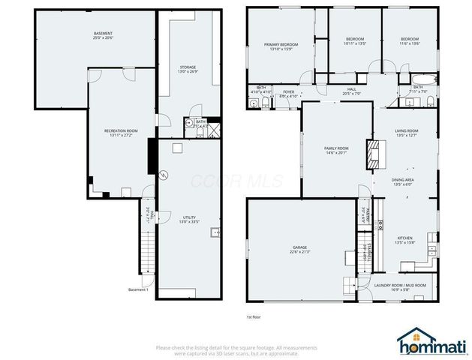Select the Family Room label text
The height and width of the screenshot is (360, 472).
(x=336, y=151)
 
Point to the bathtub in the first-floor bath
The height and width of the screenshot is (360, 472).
(x=419, y=79)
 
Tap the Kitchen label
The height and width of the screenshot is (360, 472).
(x=405, y=241)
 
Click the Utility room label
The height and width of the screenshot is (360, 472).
(x=189, y=220)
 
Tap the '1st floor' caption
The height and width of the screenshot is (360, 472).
(x=254, y=316)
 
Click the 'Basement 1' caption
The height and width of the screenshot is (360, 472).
(x=138, y=289)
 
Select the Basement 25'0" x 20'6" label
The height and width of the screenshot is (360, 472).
(x=103, y=37)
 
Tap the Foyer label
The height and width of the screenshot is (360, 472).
(x=289, y=95)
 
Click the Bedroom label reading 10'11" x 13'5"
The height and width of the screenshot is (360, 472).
(x=354, y=41)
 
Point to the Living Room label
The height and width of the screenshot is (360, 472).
(x=406, y=133)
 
